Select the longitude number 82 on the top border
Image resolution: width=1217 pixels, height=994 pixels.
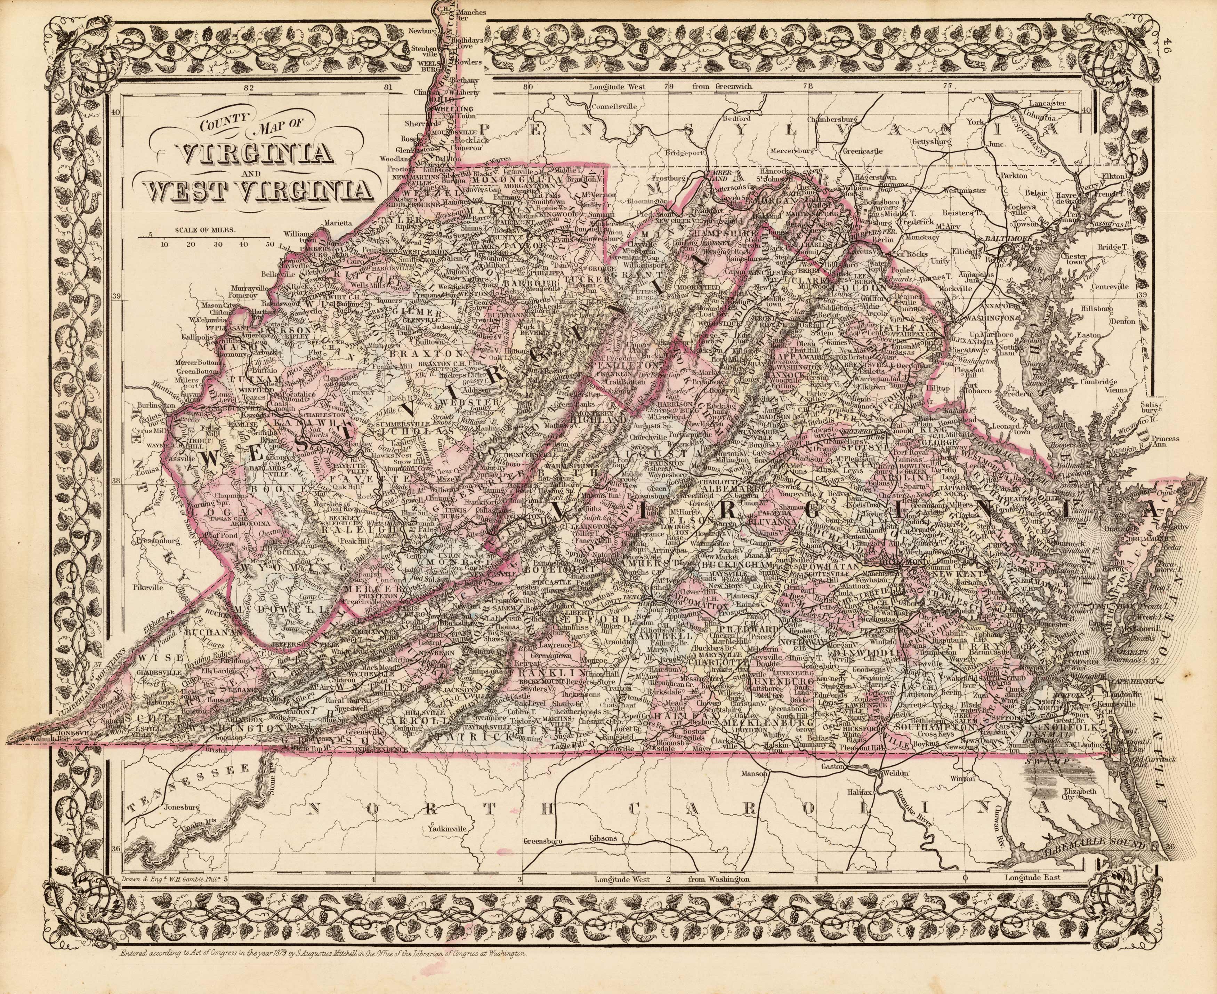(248, 88)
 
